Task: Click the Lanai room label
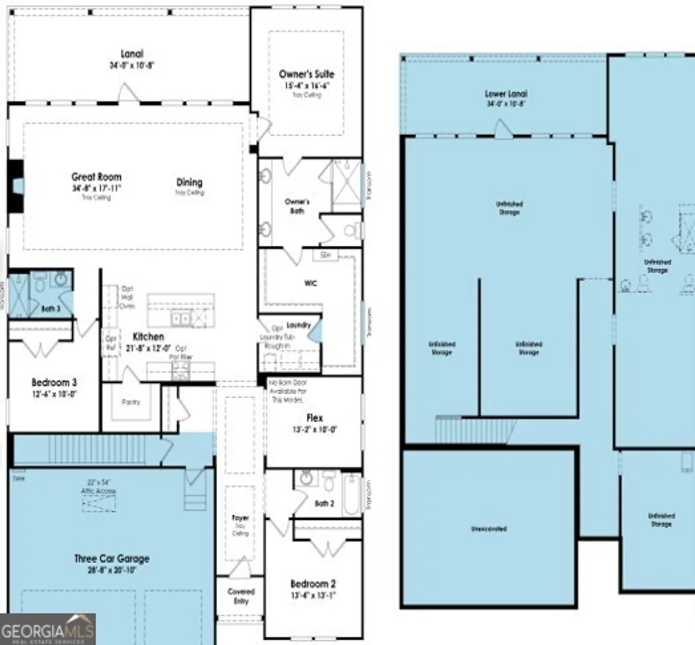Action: (x=132, y=54)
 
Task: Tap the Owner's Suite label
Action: (x=306, y=74)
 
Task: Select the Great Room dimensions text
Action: (x=97, y=188)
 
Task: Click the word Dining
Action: (x=189, y=182)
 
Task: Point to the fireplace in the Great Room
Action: (x=16, y=186)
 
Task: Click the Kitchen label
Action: (x=148, y=337)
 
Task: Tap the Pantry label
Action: (x=131, y=402)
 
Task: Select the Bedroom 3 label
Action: (x=54, y=382)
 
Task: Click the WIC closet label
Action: (x=311, y=283)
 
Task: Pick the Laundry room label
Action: (x=298, y=325)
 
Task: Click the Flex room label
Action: (x=314, y=418)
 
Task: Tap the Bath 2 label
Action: (x=324, y=503)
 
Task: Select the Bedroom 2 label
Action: (x=313, y=584)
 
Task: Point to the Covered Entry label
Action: (x=241, y=596)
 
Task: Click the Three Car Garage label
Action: (x=112, y=559)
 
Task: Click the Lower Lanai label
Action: (x=506, y=94)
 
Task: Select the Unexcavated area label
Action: (x=489, y=528)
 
